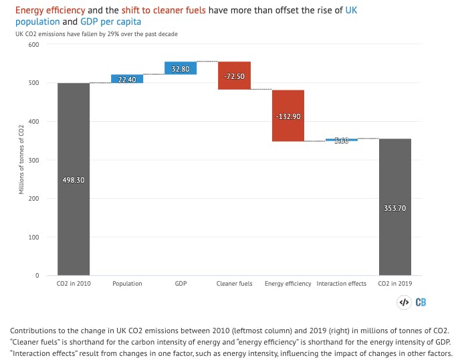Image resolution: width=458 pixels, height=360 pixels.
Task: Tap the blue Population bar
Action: [x=127, y=78]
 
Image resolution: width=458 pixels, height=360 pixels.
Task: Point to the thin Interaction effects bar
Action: [x=342, y=140]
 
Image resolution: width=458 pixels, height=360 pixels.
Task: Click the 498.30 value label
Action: [x=74, y=180]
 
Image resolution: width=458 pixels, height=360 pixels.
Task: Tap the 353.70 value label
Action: [x=395, y=208]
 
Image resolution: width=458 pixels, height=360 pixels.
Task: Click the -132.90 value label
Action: [x=288, y=116]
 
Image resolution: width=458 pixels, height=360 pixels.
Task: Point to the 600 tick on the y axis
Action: [x=33, y=45]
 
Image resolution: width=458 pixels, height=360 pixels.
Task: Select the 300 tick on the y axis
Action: [x=33, y=161]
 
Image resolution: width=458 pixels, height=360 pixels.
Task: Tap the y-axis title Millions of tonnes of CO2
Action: [x=21, y=160]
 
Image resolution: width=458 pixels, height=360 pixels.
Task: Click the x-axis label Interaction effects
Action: [x=342, y=284]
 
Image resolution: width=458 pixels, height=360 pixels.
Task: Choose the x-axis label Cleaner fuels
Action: [x=234, y=284]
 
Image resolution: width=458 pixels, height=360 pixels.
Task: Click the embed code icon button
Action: [x=404, y=302]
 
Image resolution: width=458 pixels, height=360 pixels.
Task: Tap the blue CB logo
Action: [x=421, y=302]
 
